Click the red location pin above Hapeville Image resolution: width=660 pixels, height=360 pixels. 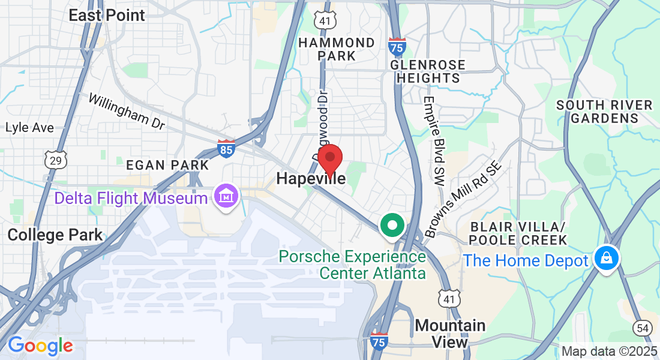pos(329,159)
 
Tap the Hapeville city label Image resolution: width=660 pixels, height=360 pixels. pos(311,179)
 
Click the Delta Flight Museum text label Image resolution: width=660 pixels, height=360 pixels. pos(131,198)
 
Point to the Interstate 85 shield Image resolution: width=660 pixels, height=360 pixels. pos(226,148)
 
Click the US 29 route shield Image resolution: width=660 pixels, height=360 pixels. pos(55,159)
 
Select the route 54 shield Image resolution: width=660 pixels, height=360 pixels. pos(643,328)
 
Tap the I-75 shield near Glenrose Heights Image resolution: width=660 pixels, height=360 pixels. pos(396,46)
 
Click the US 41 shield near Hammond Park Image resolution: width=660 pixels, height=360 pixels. pos(323,20)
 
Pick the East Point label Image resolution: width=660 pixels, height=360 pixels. pos(107,15)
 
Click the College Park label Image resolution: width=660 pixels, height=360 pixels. pos(55,235)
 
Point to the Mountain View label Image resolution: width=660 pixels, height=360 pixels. pos(450,334)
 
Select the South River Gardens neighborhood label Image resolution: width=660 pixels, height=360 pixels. pos(604,112)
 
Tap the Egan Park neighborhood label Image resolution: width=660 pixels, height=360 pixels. pos(167,165)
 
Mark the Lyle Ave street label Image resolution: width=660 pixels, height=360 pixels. pos(29,128)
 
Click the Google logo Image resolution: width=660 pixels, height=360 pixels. pos(40,345)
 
